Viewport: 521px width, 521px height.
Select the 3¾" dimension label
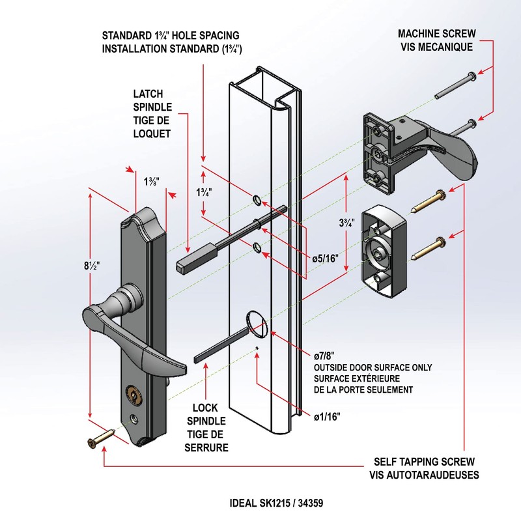pos(347,223)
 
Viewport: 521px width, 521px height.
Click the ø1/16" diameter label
pos(327,416)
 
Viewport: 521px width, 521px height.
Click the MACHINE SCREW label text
pos(438,34)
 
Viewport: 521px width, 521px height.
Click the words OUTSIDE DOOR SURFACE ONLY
pos(373,367)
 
